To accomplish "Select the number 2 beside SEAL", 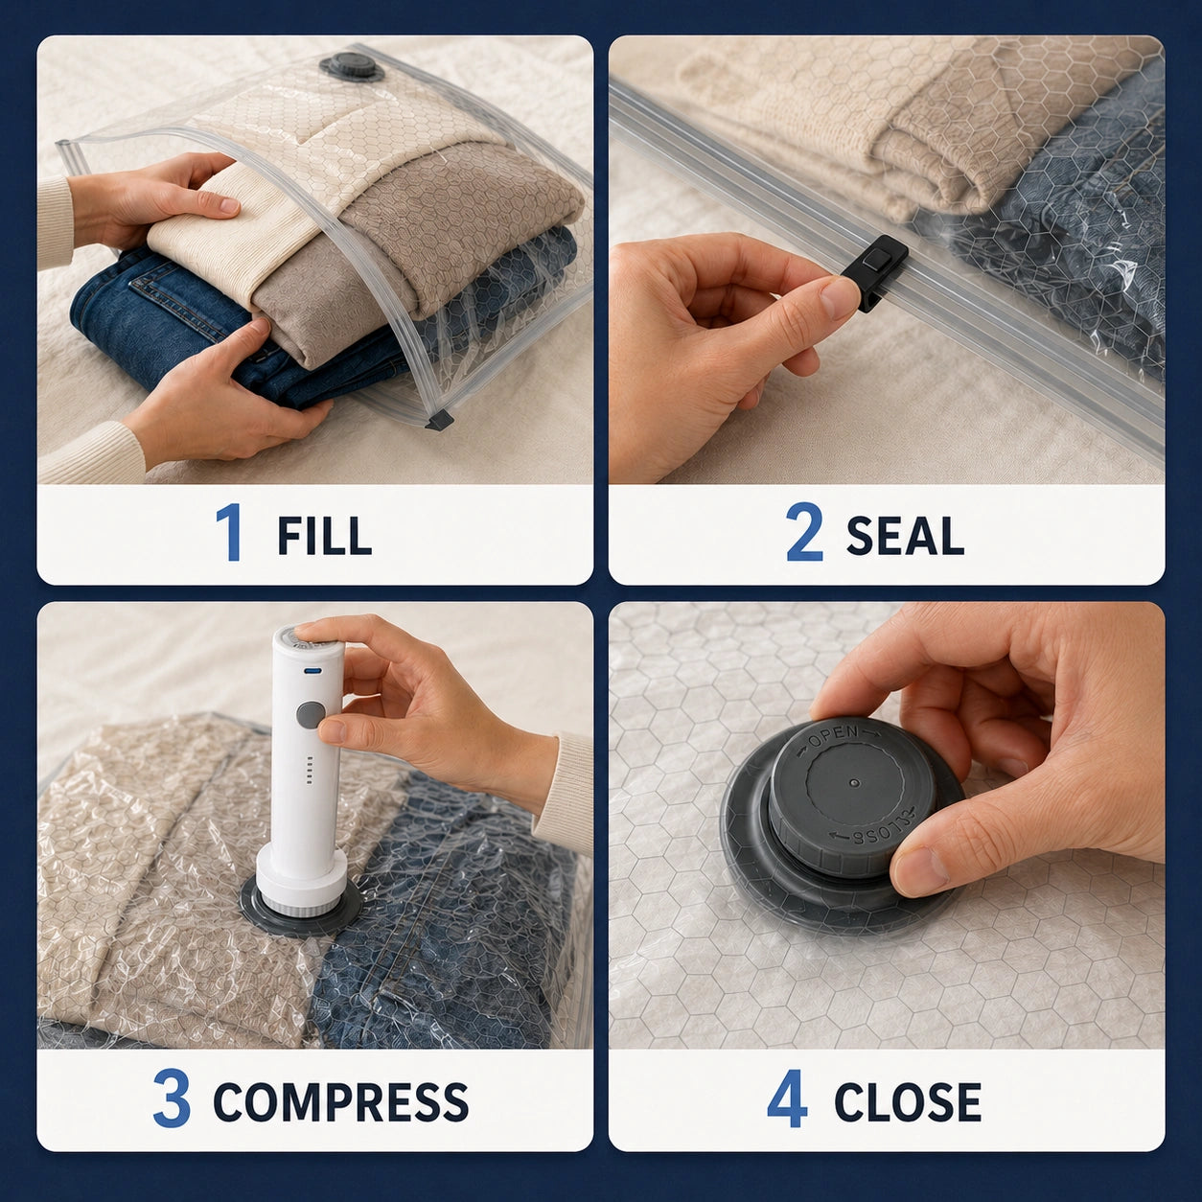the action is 804,533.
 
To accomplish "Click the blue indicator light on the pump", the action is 310,671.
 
